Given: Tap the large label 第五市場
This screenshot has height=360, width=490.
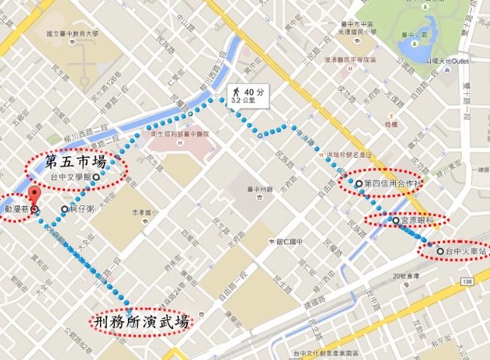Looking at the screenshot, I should point(76,161).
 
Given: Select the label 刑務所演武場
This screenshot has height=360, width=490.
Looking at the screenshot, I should point(141,321).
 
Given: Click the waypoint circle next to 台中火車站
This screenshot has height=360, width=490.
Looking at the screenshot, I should point(440,250).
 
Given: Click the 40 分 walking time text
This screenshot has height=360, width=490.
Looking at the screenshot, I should point(254,92).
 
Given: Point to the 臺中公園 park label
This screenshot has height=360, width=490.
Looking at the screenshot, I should point(414,33).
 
